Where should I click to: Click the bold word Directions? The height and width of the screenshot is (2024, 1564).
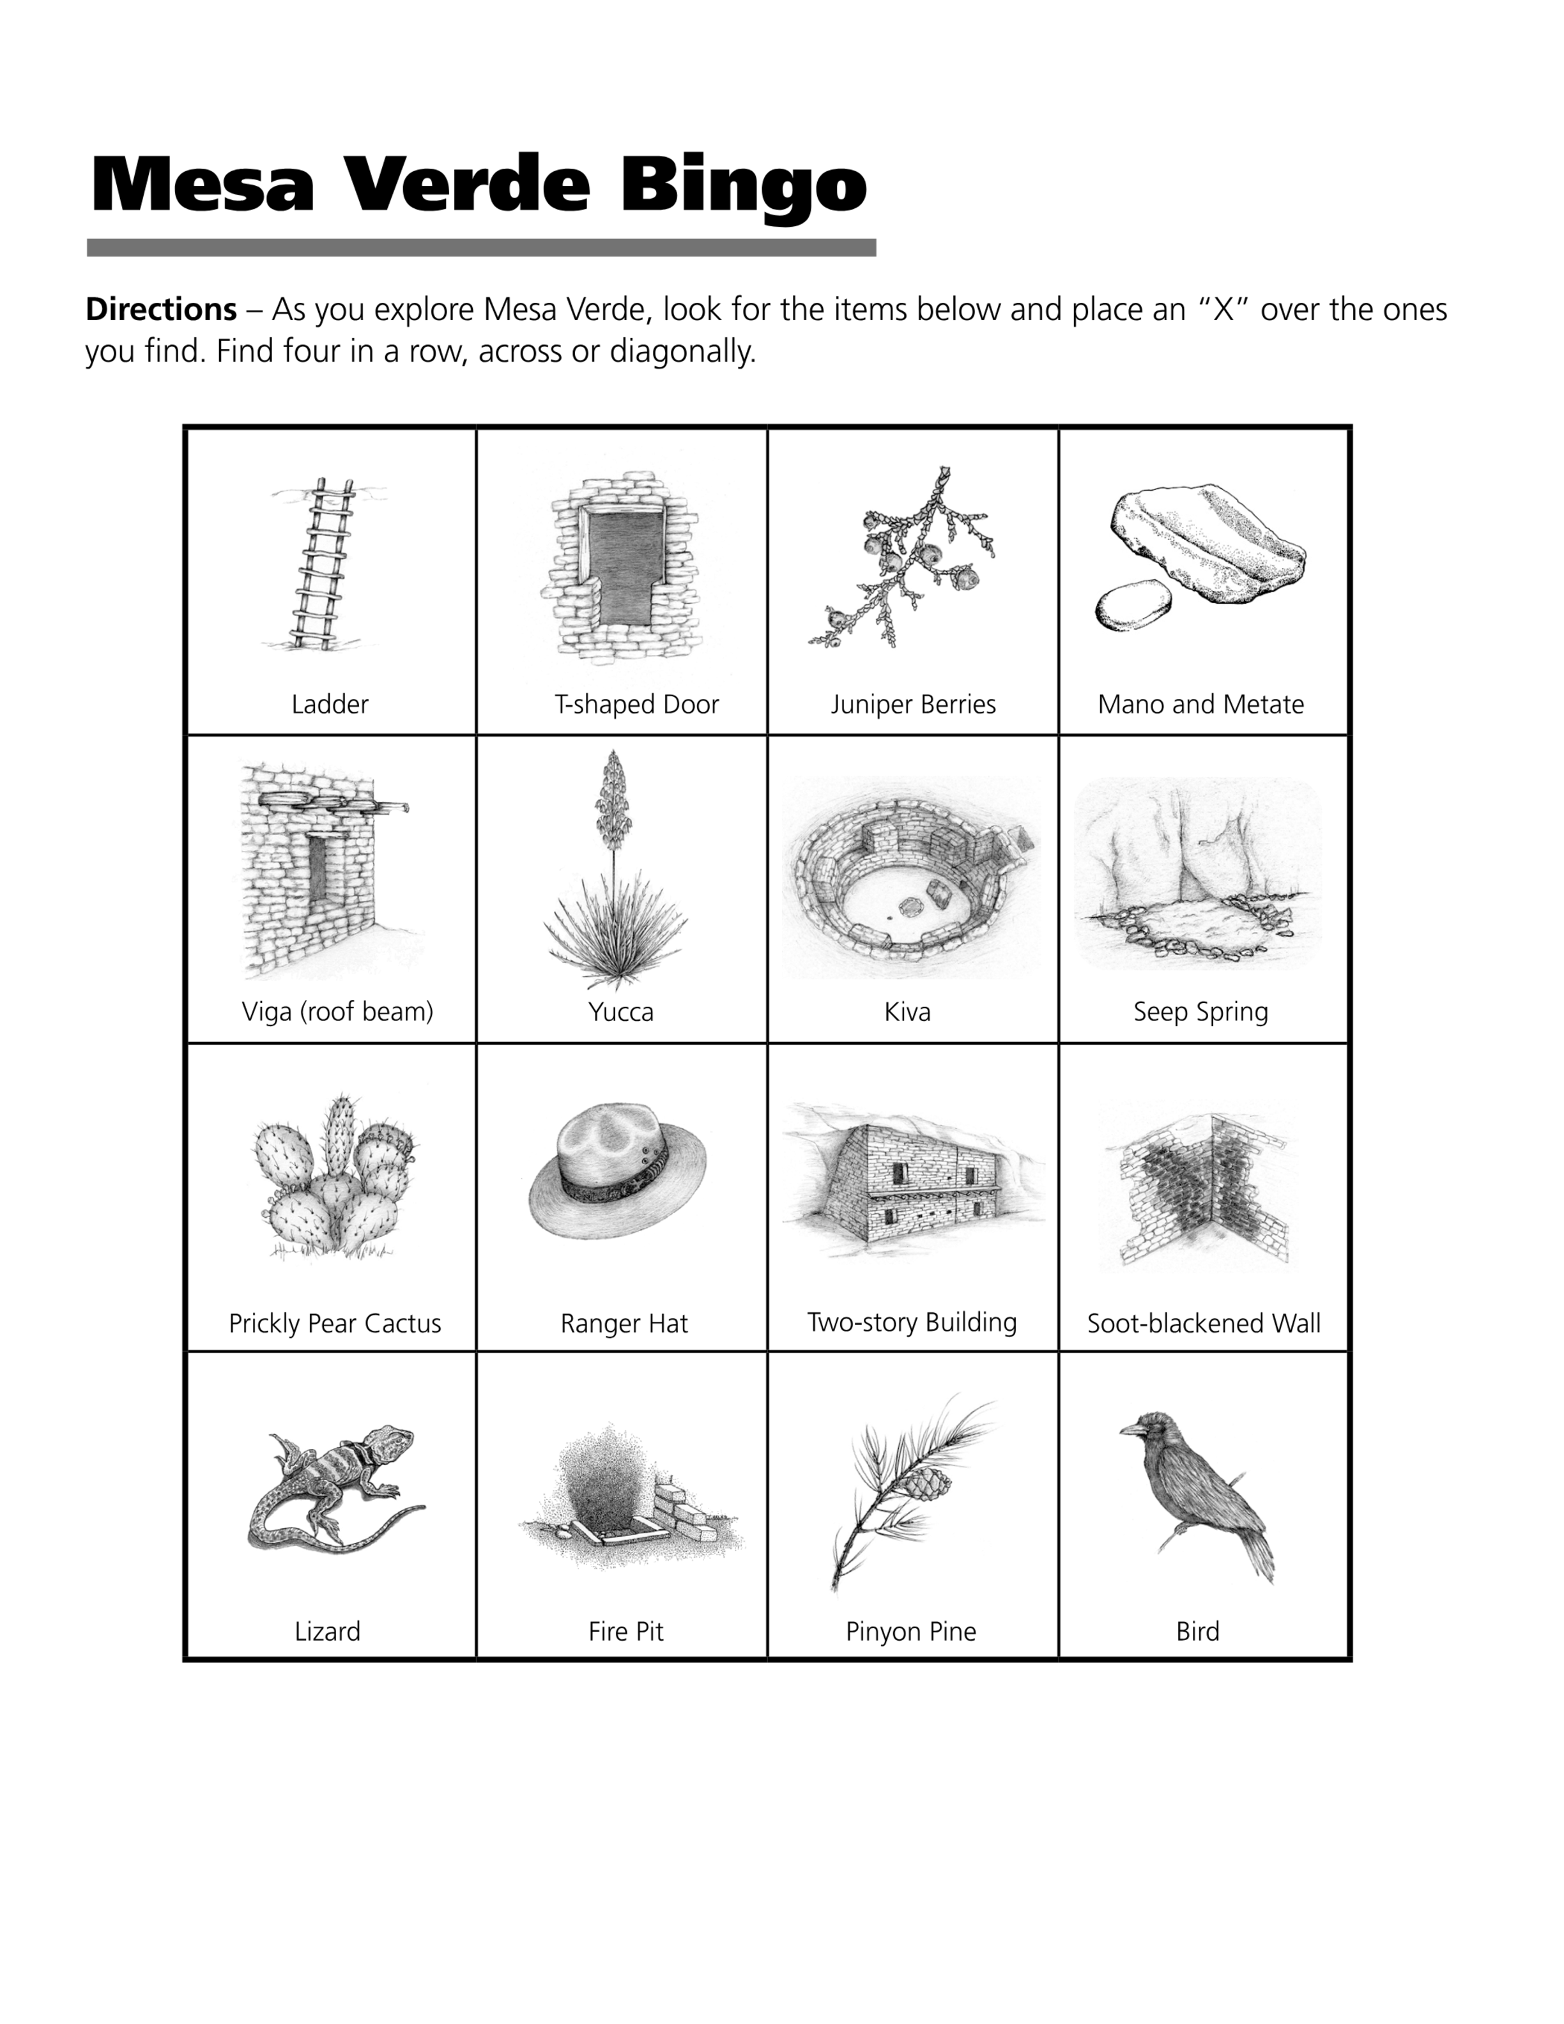coord(161,309)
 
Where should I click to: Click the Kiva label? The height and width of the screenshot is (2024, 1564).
coord(907,1012)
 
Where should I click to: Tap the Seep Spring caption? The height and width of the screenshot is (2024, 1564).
coord(1201,1012)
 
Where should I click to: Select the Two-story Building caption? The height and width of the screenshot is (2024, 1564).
coord(912,1322)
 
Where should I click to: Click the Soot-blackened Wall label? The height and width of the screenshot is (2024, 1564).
coord(1204,1323)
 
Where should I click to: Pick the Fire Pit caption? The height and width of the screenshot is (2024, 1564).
coord(626,1632)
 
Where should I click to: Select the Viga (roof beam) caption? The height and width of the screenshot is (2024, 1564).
coord(337,1012)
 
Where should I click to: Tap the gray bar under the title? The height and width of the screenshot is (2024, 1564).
coord(482,247)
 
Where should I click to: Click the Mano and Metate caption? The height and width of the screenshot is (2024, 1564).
coord(1201,704)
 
